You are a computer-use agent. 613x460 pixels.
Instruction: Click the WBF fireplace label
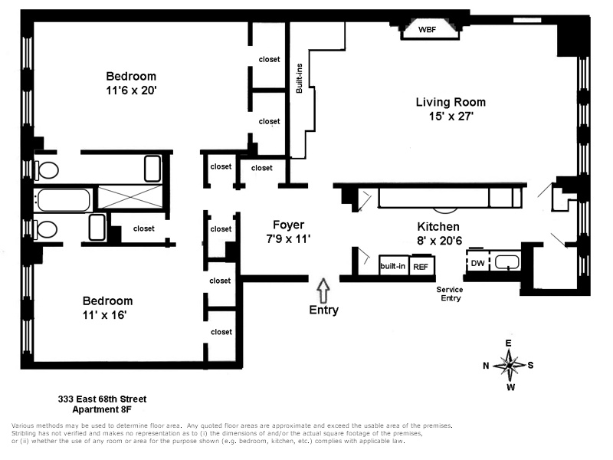pos(427,30)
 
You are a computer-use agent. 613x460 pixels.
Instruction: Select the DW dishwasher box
pos(477,263)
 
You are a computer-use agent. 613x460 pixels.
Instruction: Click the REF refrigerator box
pos(420,266)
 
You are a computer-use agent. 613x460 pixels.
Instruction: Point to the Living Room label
pos(451,102)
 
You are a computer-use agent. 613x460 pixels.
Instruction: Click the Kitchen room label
pos(438,227)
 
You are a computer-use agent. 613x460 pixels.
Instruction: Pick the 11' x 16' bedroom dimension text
pos(108,314)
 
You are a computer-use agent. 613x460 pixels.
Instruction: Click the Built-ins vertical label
pos(300,77)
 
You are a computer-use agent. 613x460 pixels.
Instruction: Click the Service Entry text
pos(450,294)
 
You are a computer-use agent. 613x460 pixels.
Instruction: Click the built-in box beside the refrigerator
pos(392,266)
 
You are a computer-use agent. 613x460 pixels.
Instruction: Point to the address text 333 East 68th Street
pos(102,399)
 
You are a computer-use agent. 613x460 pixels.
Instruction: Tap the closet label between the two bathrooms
pos(143,228)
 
